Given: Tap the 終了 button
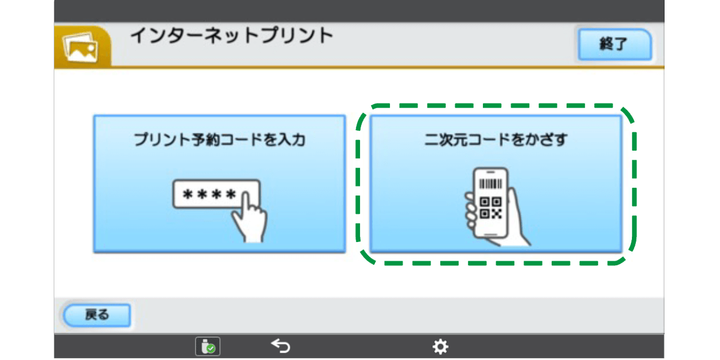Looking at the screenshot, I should (x=614, y=44).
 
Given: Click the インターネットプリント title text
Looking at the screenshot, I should (x=232, y=36).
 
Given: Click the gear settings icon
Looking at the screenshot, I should (x=440, y=347).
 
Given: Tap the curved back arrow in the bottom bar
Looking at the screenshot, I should (x=281, y=346).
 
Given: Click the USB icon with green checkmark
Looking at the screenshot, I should (x=208, y=347).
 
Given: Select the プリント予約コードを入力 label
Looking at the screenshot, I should (x=219, y=140).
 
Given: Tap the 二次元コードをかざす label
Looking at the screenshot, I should (x=496, y=140).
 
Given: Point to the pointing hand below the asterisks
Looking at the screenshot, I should (x=248, y=222).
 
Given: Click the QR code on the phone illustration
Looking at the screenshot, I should (x=490, y=208).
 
